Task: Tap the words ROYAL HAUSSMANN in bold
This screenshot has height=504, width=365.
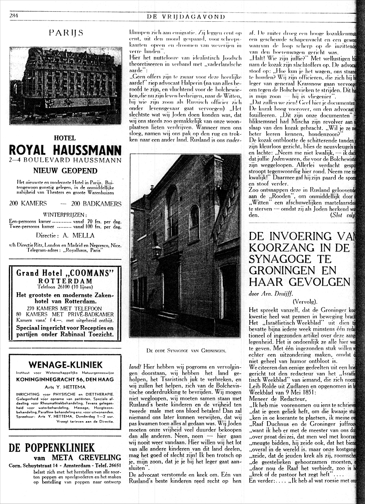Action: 65,150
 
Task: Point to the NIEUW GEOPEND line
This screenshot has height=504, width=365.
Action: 65,170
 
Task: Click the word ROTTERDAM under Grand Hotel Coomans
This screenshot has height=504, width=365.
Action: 65,281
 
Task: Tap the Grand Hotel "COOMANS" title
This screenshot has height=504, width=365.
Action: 65,273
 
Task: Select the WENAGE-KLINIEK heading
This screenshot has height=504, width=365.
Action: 65,365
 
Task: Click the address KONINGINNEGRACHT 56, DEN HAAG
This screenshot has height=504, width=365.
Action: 65,379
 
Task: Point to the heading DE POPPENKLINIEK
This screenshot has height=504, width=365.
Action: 52,447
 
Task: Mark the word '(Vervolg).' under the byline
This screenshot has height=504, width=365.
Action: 305,301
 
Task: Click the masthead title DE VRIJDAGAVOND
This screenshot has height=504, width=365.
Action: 186,16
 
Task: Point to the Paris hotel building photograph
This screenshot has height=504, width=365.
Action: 65,86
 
